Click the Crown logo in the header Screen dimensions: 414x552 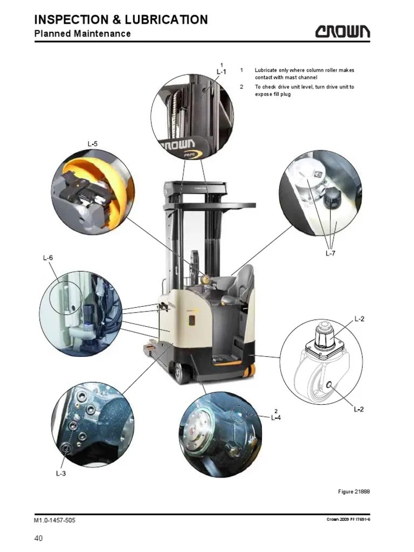point(342,31)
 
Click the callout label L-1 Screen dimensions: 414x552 point(222,72)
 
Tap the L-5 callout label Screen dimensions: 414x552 point(93,143)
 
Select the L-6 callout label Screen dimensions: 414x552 point(48,258)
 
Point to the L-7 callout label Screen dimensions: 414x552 point(330,253)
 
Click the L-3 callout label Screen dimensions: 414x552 point(61,473)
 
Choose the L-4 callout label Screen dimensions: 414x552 point(276,418)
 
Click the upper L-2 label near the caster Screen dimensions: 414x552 point(359,319)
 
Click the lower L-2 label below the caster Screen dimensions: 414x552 point(358,409)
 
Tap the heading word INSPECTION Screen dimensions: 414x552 point(72,19)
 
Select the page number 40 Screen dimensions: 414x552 point(38,538)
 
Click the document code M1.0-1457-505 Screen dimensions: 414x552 point(54,520)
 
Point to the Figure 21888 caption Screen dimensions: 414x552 point(354,491)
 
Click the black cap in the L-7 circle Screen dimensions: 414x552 point(332,197)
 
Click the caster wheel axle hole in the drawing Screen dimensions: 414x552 point(330,384)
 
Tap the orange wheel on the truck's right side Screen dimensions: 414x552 point(250,371)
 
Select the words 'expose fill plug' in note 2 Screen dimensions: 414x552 point(273,94)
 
